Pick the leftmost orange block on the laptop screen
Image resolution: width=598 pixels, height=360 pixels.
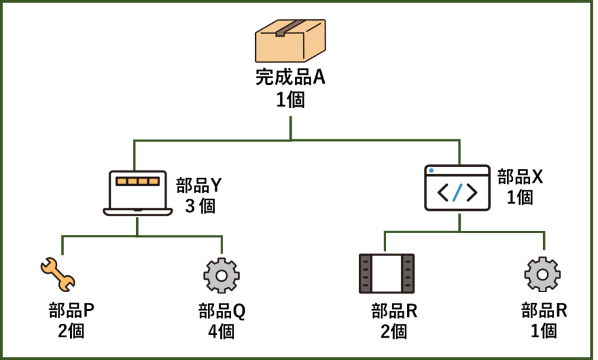click(x=121, y=181)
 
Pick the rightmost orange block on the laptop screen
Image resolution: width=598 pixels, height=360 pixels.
click(x=154, y=181)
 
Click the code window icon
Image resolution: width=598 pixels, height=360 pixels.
click(x=457, y=188)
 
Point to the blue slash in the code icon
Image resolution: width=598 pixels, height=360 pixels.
click(x=457, y=192)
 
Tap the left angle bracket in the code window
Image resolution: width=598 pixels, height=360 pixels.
click(x=443, y=192)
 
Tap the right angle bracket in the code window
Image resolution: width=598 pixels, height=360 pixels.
click(x=471, y=192)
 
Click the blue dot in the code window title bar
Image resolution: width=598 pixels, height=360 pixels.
click(x=432, y=171)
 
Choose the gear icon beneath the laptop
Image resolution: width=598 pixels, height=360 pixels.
click(x=221, y=275)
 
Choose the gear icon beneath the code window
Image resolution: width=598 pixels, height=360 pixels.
click(x=542, y=274)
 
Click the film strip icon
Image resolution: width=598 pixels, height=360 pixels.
click(x=387, y=274)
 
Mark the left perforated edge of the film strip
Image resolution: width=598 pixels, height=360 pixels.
click(x=366, y=274)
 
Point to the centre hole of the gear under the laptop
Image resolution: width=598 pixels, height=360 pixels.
click(x=221, y=275)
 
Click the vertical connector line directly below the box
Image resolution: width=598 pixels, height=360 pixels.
click(x=291, y=127)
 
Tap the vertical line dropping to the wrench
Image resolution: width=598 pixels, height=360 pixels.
click(x=62, y=245)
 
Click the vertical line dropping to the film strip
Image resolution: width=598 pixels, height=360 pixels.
click(x=384, y=241)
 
